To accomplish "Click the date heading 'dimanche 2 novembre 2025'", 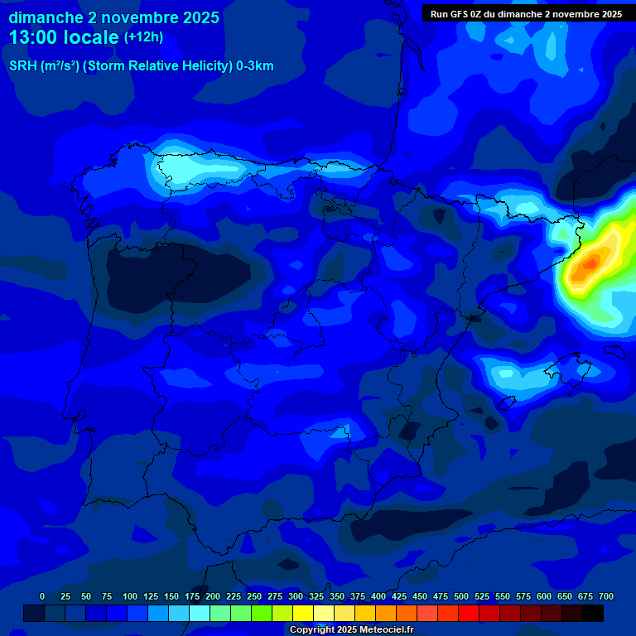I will (113, 17).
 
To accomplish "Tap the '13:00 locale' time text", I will (64, 37).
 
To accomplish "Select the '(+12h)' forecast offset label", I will (143, 37).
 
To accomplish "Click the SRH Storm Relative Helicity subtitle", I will (141, 66).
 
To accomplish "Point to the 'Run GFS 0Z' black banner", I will (527, 14).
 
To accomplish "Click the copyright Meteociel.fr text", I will (351, 629).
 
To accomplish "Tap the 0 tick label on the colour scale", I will (42, 596).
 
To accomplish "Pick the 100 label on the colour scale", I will (130, 596).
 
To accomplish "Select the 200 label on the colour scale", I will (213, 596).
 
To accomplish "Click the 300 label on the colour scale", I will (296, 596).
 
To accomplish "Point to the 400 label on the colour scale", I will (378, 596).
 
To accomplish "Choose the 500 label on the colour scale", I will (461, 596).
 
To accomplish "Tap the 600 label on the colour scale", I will (544, 596).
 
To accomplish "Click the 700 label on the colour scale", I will (606, 596).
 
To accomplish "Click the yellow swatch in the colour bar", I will (303, 614).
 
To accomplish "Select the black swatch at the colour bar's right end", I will (593, 614).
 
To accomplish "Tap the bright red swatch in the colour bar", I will (469, 614).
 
